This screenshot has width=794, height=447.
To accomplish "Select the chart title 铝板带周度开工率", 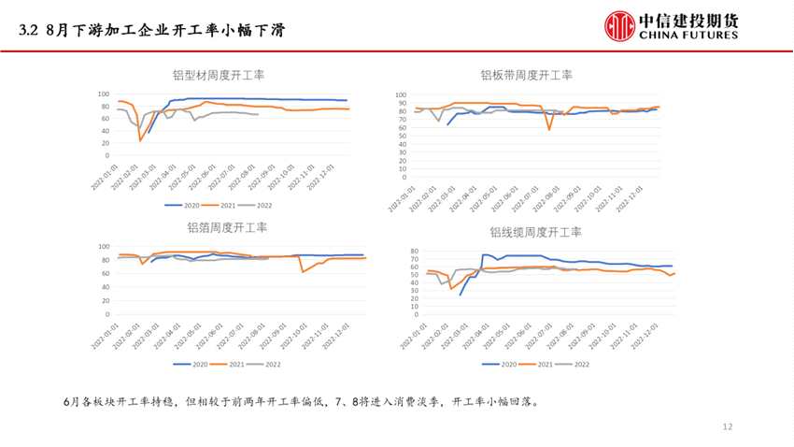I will pyautogui.click(x=527, y=76).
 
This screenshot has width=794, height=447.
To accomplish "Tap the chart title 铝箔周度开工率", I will pyautogui.click(x=227, y=227).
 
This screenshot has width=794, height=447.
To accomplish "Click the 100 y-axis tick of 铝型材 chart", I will pyautogui.click(x=105, y=94).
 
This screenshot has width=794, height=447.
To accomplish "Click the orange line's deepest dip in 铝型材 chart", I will pyautogui.click(x=141, y=141).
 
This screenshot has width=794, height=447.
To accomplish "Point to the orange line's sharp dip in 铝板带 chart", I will pyautogui.click(x=549, y=128).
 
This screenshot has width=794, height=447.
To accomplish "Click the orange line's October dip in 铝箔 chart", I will pyautogui.click(x=302, y=272).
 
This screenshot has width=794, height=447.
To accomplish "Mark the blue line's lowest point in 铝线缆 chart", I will pyautogui.click(x=461, y=295).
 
